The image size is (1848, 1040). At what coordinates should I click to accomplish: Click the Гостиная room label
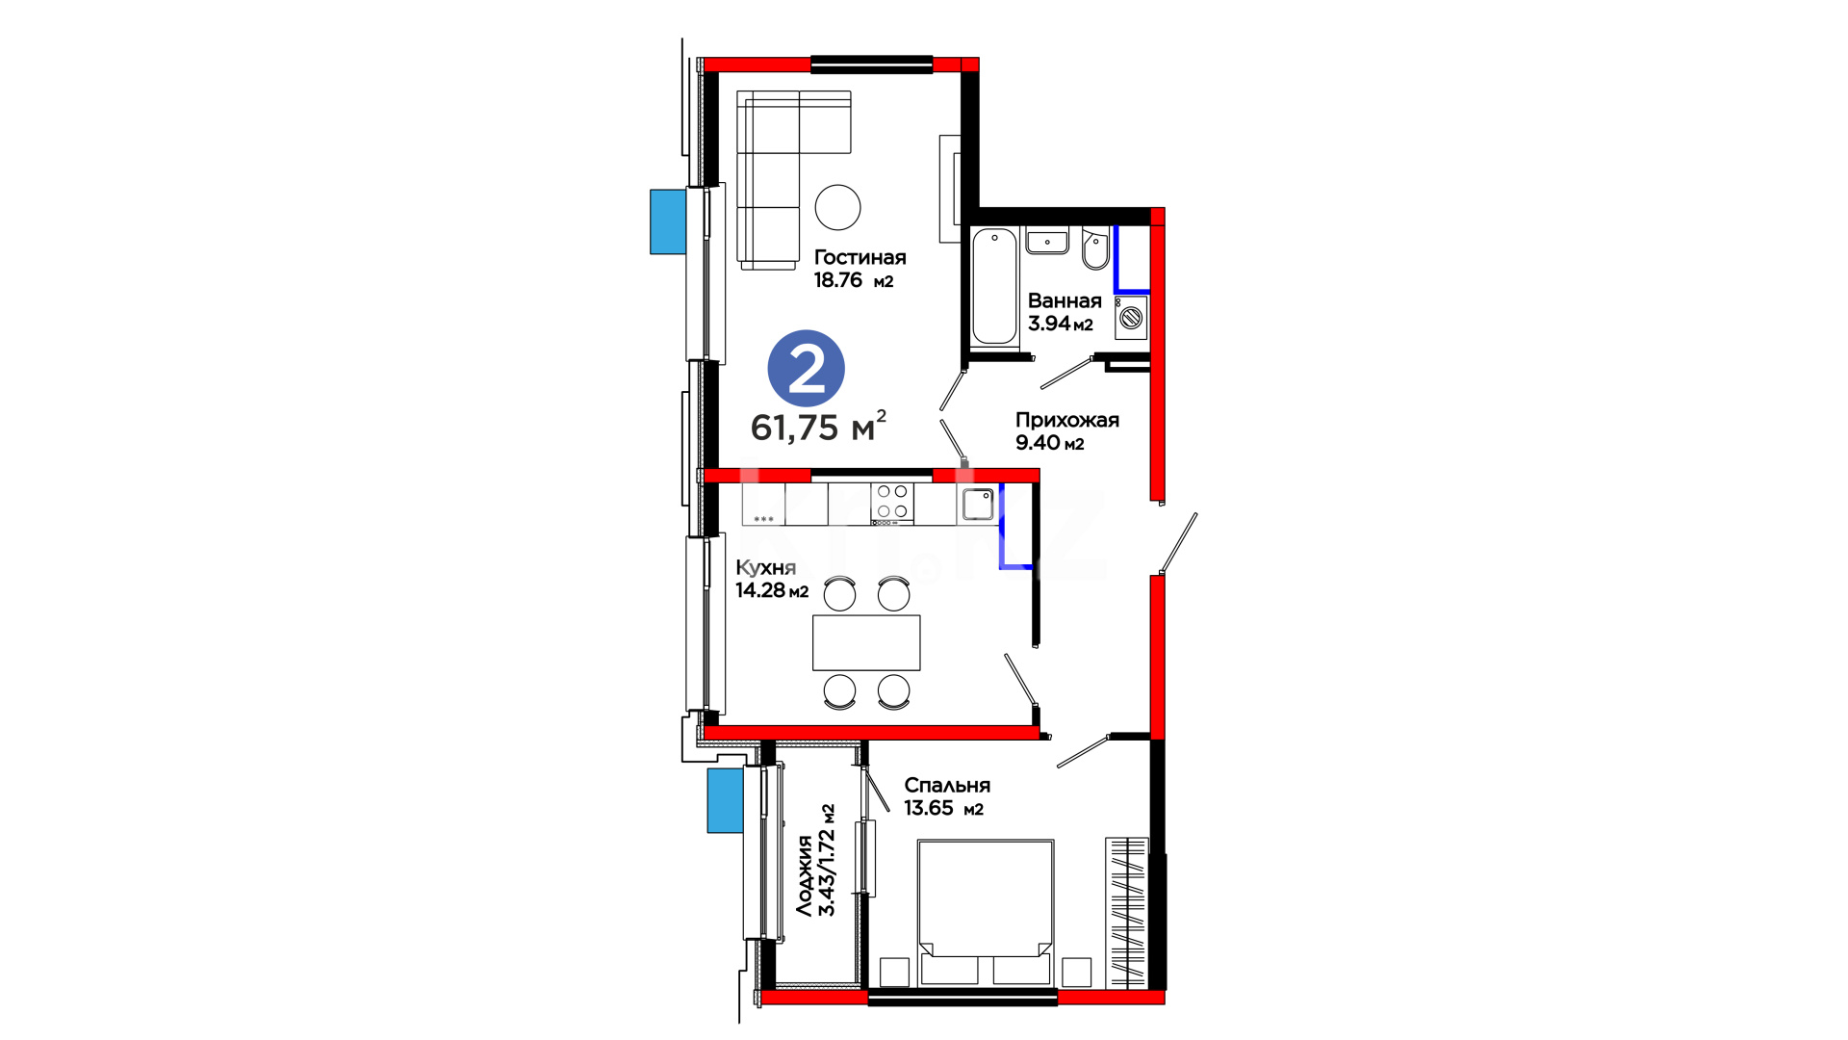pos(860,257)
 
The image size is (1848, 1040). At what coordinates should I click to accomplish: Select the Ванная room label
pos(1065,300)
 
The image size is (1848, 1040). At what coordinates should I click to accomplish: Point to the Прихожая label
pos(1067,420)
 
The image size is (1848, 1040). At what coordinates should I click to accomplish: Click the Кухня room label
pos(765,567)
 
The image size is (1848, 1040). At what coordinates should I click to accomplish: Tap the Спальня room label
pos(947,786)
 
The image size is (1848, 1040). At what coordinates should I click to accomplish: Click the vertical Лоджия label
pos(804,874)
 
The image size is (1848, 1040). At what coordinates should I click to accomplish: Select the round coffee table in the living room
pos(837,207)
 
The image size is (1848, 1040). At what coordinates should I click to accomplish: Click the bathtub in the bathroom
pos(994,286)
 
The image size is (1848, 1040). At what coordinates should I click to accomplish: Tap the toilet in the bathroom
pos(1095,249)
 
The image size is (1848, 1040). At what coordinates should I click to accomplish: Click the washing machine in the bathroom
pos(1131,317)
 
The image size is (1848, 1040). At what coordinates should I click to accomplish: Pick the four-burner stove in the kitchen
pos(892,504)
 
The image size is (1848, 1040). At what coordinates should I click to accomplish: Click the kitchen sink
pos(978,504)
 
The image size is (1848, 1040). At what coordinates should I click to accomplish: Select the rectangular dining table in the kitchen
pos(866,642)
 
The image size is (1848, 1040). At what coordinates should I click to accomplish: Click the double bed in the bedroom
pos(986,913)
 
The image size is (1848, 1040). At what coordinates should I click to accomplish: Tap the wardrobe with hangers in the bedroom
pos(1126,913)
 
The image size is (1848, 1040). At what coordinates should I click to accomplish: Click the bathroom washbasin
pos(1047,241)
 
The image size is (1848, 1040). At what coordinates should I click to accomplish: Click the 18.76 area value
pos(837,280)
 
